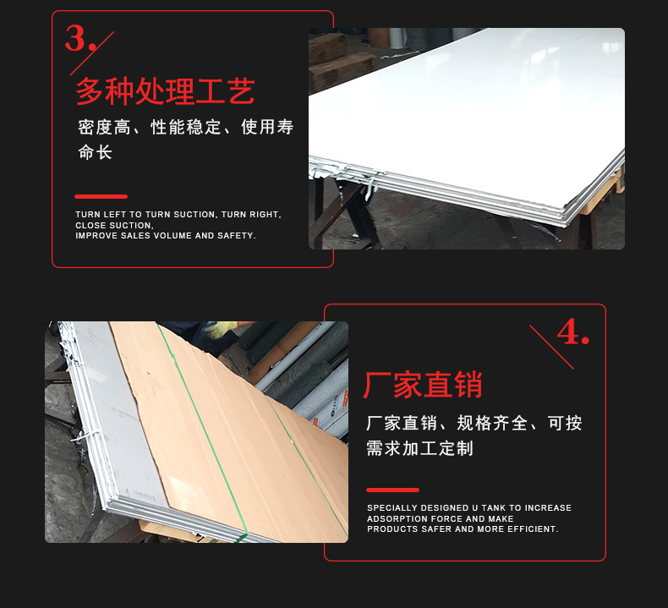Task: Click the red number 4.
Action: (572, 332)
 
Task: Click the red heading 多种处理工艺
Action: (166, 91)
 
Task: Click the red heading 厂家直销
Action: (423, 385)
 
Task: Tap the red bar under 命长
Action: (101, 196)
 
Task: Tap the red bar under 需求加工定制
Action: (392, 490)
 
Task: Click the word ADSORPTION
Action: (397, 519)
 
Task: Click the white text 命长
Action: (95, 153)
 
